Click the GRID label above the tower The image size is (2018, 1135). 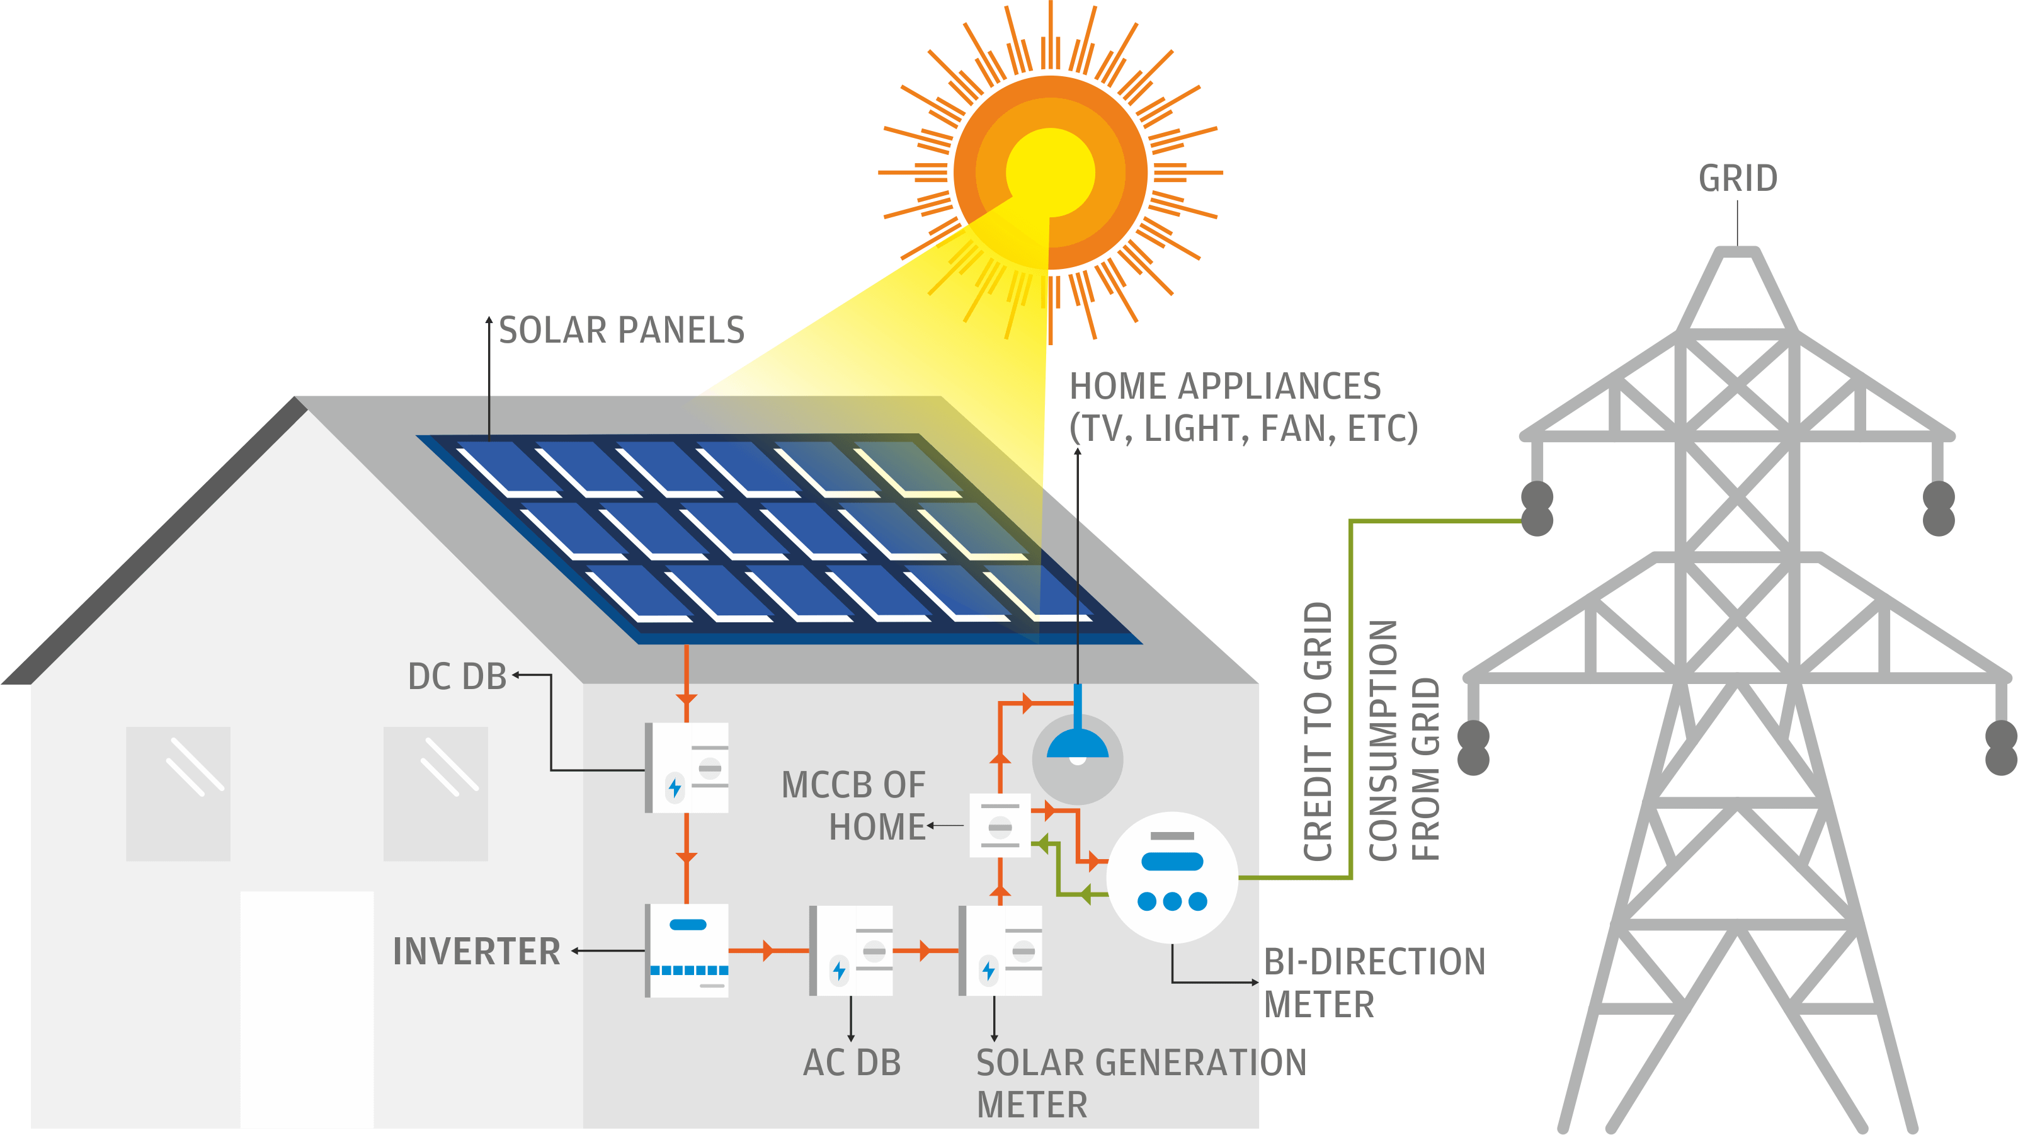pos(1738,179)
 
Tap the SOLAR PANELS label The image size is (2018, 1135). pos(621,330)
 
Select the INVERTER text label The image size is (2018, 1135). pos(476,952)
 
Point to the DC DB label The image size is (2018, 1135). pos(457,676)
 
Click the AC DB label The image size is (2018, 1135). pos(852,1063)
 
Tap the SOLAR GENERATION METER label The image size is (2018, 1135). pos(1141,1084)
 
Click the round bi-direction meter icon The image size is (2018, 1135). pos(1172,877)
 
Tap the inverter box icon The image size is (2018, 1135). pos(687,950)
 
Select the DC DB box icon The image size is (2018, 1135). pos(687,768)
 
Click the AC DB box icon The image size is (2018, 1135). pos(852,951)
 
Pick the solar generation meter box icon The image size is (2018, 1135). pos(1000,951)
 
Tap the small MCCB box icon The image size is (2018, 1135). pos(1000,826)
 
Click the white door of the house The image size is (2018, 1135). pos(307,1010)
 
